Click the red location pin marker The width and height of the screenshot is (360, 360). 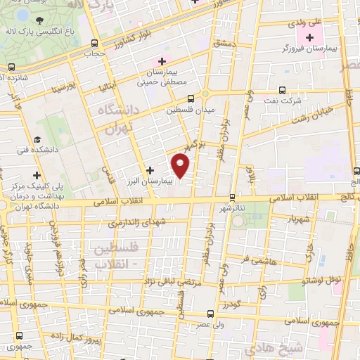181,165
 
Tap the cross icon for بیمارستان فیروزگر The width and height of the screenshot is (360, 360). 310,36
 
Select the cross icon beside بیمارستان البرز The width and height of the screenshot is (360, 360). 150,169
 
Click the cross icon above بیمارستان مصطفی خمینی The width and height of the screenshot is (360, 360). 162,61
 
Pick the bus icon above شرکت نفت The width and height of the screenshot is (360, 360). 283,90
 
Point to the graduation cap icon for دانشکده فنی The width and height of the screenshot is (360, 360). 39,139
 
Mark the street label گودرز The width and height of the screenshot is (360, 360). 231,305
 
